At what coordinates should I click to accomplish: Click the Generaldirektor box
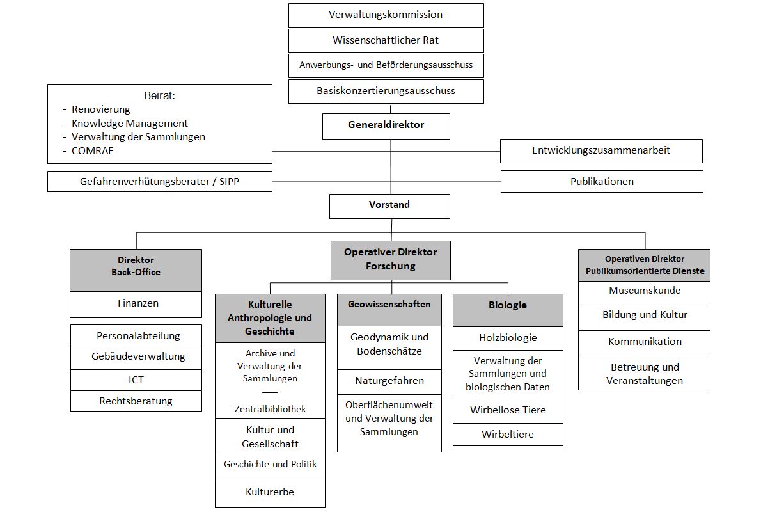(x=386, y=126)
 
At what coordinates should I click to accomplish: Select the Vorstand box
(x=389, y=206)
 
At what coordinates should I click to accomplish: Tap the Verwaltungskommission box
(x=386, y=15)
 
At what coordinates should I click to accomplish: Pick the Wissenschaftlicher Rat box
(x=386, y=40)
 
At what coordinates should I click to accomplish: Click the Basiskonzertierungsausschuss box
(x=386, y=92)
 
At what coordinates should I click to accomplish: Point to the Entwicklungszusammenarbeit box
(x=601, y=151)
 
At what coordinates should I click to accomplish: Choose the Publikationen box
(x=602, y=181)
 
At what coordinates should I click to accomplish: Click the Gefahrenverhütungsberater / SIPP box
(x=160, y=181)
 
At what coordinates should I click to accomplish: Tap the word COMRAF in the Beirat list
(x=92, y=151)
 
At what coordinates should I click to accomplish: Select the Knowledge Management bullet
(x=129, y=124)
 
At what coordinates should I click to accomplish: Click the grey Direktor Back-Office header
(x=136, y=270)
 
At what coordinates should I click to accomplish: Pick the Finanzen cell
(x=136, y=305)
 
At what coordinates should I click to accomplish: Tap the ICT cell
(x=136, y=380)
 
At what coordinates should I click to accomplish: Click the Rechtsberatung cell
(x=136, y=401)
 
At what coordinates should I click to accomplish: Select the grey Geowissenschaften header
(x=389, y=310)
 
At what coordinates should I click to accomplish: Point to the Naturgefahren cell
(x=389, y=382)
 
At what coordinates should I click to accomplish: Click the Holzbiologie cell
(x=508, y=338)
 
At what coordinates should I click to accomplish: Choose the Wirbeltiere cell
(x=508, y=435)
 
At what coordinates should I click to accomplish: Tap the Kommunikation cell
(x=644, y=343)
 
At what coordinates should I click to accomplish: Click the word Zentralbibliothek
(x=271, y=409)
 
